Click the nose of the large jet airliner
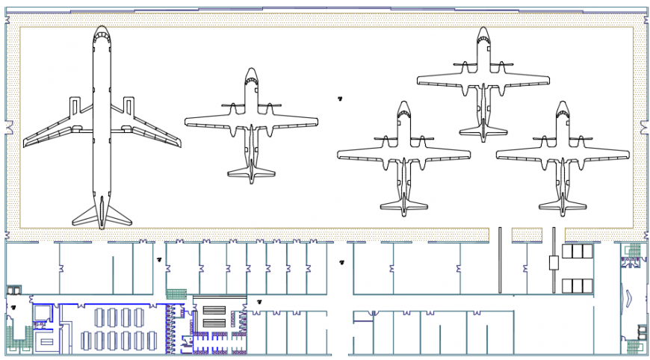(102, 31)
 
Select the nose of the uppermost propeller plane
(483, 32)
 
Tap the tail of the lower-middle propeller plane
(403, 205)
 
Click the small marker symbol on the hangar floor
(339, 97)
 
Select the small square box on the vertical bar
(554, 262)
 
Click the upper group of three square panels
(577, 251)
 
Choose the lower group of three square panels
(577, 285)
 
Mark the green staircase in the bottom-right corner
(634, 347)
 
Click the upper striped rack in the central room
(214, 310)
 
